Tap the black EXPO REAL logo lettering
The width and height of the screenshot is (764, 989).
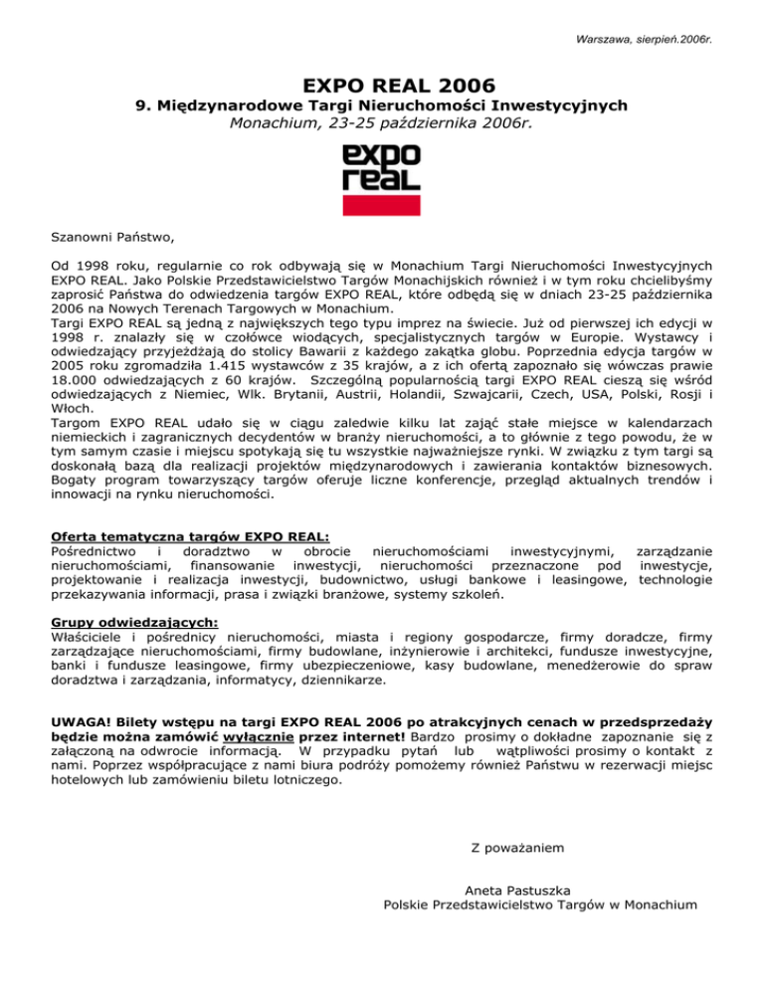pyautogui.click(x=381, y=168)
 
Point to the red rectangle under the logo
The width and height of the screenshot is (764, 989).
pyautogui.click(x=381, y=205)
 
